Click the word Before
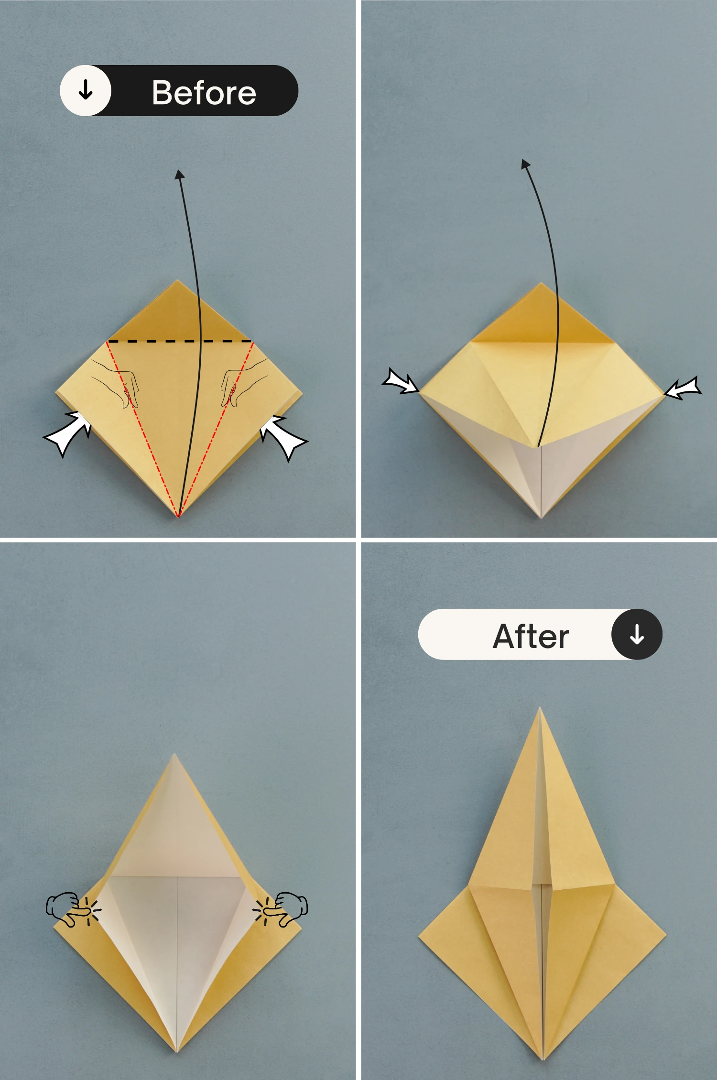[x=204, y=92]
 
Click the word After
[x=531, y=637]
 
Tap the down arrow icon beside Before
[x=86, y=90]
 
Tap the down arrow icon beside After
[x=637, y=635]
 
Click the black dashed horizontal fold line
[x=180, y=341]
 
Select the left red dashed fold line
[x=142, y=429]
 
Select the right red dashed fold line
[x=215, y=429]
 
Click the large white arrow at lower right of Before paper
[x=283, y=437]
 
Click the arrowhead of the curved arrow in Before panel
[x=179, y=174]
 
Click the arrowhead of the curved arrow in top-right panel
[x=525, y=164]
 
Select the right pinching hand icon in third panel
[x=281, y=909]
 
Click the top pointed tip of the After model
[x=540, y=708]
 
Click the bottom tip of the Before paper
[x=178, y=517]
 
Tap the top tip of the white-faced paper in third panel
[x=174, y=755]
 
